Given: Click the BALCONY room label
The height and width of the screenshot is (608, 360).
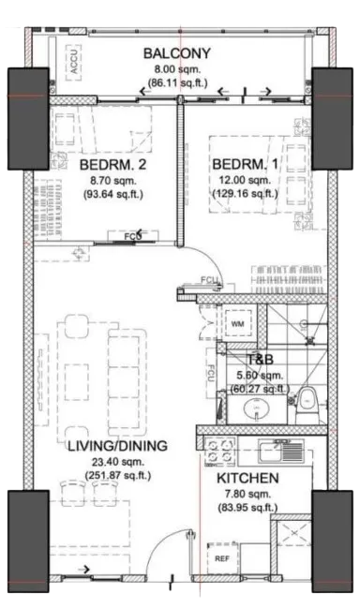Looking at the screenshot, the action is [177, 53].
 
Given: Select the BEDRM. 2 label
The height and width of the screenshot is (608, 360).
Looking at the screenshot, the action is [112, 164].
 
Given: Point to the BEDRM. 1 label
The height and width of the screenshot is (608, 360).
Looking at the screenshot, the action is [246, 164].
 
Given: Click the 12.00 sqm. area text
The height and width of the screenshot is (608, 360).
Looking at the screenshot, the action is [245, 180].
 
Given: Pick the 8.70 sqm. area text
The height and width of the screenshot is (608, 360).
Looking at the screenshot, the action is [112, 180].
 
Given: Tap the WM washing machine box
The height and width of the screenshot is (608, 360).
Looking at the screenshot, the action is [238, 324].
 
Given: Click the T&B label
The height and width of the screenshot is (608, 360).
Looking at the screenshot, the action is [261, 360].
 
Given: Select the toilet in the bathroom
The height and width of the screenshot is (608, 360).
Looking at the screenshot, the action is [308, 405].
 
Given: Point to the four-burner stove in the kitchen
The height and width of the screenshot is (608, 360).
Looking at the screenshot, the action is [220, 451].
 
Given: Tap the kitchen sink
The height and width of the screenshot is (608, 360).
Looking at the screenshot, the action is [281, 451].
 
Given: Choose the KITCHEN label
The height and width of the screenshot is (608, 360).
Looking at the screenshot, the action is [247, 478].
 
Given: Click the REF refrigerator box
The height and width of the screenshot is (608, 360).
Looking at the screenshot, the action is [222, 558].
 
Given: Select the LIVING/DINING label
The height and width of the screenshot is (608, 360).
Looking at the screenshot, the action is [117, 446].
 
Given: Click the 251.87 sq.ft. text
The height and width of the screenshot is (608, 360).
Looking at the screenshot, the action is [118, 475].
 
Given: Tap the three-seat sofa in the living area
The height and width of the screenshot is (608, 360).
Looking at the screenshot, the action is [127, 382].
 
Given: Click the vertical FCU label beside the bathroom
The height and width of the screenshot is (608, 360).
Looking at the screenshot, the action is [212, 374].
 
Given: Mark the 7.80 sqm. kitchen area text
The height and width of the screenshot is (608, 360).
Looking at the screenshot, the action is [247, 495].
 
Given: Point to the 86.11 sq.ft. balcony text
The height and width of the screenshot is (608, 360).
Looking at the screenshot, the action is [178, 82].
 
